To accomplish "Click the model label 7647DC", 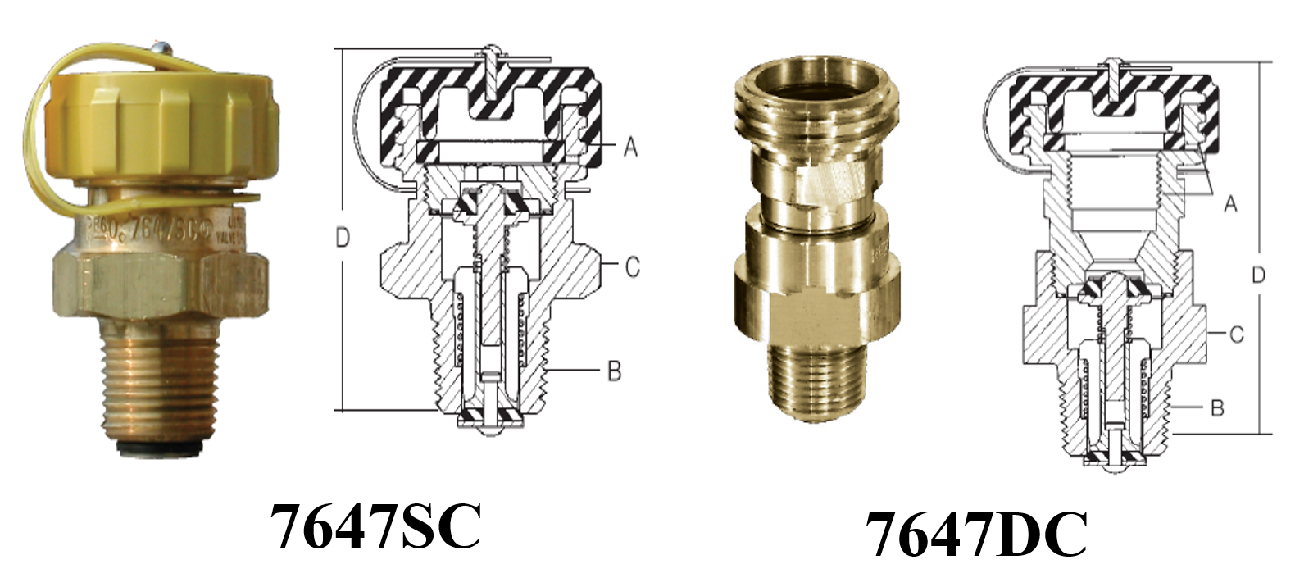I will point(976,535).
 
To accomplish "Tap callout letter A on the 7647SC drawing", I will point(630,147).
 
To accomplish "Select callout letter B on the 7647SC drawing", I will point(614,371).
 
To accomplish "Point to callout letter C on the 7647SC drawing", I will point(632,267).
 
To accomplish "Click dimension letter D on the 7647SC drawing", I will point(343,239).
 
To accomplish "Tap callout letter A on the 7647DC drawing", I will point(1230,203).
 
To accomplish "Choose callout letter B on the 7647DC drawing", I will point(1218,407).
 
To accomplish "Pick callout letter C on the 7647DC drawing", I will point(1237,334).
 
